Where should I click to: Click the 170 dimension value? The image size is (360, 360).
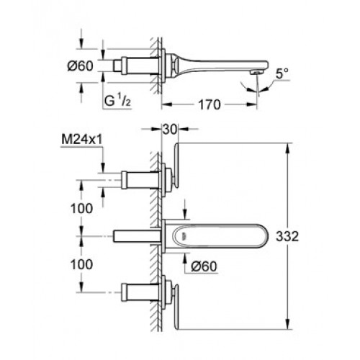(209, 104)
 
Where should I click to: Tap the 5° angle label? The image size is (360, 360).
(282, 73)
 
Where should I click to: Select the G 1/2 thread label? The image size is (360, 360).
(117, 101)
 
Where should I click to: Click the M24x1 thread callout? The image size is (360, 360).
(82, 140)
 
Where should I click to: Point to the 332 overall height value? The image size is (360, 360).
(287, 236)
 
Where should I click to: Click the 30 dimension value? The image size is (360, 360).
(170, 130)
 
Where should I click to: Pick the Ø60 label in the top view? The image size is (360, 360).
(80, 66)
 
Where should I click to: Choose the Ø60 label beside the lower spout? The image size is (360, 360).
(204, 266)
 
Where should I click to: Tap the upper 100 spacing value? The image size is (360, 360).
(81, 208)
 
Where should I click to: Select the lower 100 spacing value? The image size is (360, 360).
(81, 264)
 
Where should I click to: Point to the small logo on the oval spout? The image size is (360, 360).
(184, 236)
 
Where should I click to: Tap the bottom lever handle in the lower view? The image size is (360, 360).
(176, 307)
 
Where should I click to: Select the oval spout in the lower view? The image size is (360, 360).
(220, 236)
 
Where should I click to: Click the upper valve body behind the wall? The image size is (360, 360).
(140, 180)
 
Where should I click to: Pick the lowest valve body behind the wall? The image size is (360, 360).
(140, 292)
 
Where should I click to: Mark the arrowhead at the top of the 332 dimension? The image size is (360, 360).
(287, 148)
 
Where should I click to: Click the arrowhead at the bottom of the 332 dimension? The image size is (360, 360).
(287, 325)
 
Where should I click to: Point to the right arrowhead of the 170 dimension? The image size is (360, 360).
(252, 104)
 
